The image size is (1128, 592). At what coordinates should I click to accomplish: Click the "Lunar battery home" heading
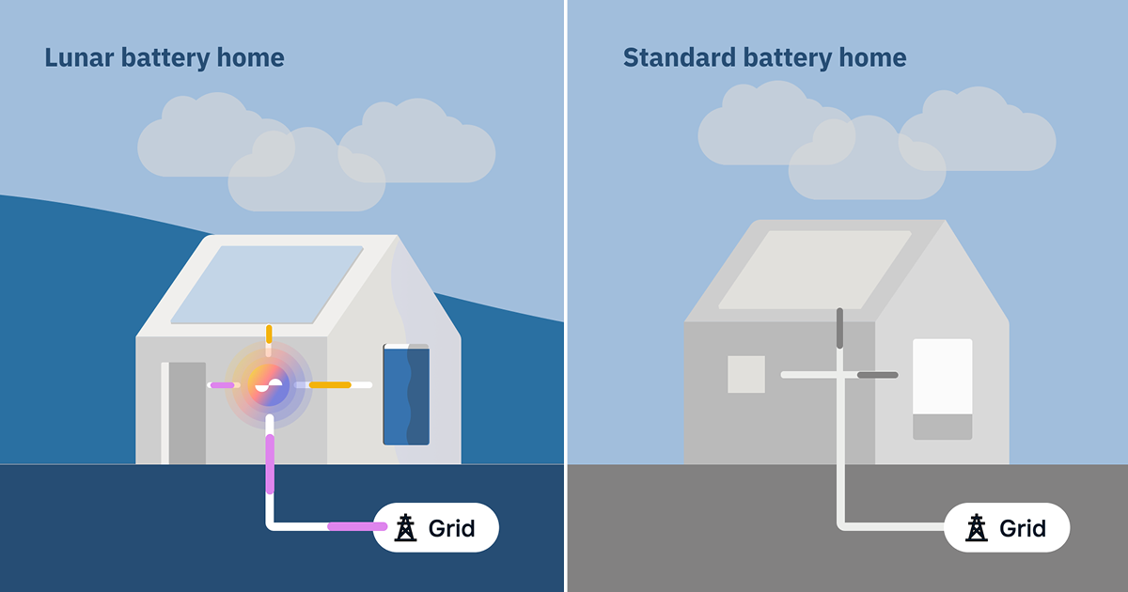click(164, 58)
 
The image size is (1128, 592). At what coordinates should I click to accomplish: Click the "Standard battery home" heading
click(764, 58)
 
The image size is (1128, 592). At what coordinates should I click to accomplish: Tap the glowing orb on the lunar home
click(269, 384)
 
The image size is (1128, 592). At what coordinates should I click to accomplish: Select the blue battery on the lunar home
click(406, 395)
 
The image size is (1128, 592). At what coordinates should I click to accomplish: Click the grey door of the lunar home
click(186, 413)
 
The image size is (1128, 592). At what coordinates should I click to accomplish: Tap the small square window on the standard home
click(746, 374)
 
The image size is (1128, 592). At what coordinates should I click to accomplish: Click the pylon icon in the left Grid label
click(406, 528)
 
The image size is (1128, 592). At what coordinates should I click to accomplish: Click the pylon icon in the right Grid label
click(978, 528)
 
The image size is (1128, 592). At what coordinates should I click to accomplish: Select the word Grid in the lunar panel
click(452, 528)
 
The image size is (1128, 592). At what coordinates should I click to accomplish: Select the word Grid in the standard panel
click(1023, 528)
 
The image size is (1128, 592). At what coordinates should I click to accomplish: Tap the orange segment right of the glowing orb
click(330, 384)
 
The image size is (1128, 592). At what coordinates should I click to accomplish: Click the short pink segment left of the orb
click(223, 384)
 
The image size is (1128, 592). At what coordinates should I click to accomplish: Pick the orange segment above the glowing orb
click(269, 334)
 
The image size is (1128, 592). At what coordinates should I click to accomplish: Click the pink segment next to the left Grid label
click(355, 526)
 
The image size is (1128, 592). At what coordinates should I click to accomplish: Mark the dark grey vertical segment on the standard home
click(839, 328)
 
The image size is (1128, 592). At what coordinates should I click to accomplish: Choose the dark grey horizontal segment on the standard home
click(877, 375)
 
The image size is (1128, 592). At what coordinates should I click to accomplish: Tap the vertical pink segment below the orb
click(270, 464)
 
